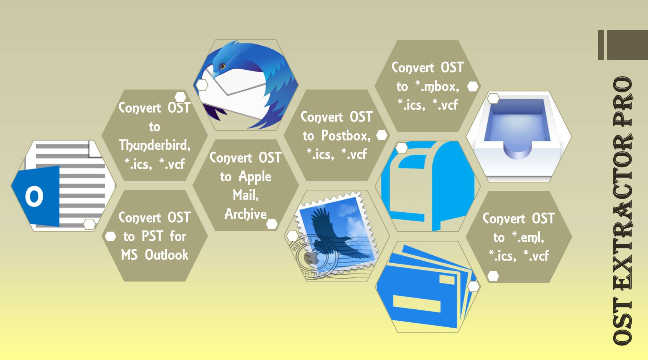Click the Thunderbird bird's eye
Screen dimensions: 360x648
222,66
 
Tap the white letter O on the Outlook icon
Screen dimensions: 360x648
34,197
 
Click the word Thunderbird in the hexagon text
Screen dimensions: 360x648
154,145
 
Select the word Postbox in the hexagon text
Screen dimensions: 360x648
346,136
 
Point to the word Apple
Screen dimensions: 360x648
255,177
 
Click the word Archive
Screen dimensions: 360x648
245,214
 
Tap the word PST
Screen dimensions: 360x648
152,236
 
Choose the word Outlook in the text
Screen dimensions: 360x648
166,255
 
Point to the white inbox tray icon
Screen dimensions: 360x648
518,133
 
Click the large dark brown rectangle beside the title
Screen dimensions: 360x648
627,45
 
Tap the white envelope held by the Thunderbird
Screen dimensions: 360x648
236,91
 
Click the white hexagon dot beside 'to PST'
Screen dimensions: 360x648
110,237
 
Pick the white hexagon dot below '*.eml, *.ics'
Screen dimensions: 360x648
493,276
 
